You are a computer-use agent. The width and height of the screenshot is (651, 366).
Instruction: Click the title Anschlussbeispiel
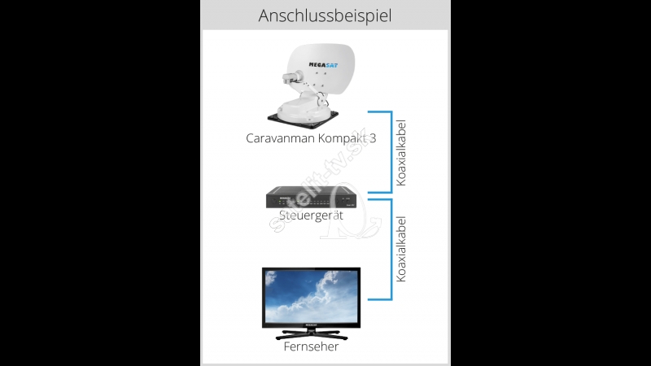tap(325, 15)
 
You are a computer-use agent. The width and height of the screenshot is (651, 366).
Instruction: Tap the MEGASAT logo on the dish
tap(323, 65)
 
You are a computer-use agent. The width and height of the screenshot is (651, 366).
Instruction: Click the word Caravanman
tap(280, 138)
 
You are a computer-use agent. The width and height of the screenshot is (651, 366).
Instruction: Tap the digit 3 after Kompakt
tap(373, 138)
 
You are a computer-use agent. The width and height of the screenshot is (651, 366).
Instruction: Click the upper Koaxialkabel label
tap(400, 153)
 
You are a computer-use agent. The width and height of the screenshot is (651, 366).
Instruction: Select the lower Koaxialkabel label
tap(400, 249)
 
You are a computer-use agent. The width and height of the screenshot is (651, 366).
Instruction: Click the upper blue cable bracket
tap(391, 152)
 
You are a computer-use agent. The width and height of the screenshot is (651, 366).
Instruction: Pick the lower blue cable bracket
tap(391, 249)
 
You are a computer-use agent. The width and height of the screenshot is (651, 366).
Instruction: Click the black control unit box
tap(311, 197)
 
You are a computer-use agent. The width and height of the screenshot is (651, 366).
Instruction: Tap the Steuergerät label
tap(311, 216)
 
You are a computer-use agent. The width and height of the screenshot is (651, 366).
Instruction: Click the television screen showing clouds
tap(312, 296)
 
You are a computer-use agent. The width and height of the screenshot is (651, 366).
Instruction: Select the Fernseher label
tap(311, 346)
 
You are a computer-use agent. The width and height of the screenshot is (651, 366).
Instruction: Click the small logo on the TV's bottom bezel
tap(311, 325)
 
